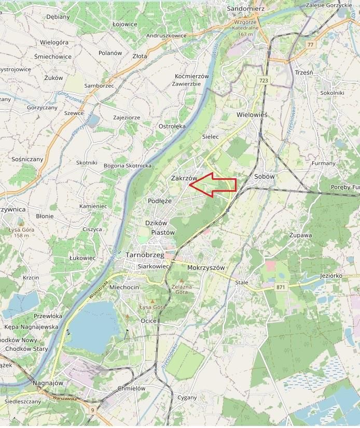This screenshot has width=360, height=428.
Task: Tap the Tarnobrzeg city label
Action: [145, 255]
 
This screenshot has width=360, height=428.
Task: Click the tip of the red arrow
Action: [189, 185]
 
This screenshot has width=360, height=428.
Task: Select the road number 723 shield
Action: [264, 80]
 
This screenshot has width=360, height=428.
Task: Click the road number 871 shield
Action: [281, 287]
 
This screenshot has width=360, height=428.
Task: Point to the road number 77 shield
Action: [310, 45]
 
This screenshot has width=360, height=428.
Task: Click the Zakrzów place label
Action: [184, 178]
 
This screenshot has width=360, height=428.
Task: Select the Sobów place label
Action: [264, 177]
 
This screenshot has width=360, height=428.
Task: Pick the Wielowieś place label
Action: [252, 115]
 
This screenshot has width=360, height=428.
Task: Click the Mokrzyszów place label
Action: [206, 268]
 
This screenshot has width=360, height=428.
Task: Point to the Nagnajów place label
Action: [48, 383]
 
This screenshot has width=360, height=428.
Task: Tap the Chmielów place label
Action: [131, 388]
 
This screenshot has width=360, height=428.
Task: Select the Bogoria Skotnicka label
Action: [128, 166]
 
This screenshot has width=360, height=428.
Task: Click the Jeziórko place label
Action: [332, 276]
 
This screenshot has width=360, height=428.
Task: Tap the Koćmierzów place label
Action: [191, 76]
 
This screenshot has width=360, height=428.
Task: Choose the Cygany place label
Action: [187, 398]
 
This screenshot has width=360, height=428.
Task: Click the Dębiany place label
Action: [58, 17]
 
